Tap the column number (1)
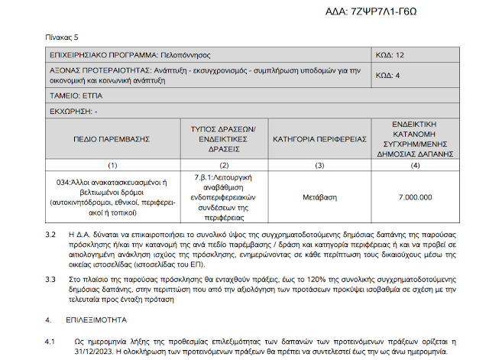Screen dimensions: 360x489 (x=113, y=164)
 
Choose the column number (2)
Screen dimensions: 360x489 (x=224, y=164)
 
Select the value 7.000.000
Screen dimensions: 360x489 (x=415, y=196)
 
